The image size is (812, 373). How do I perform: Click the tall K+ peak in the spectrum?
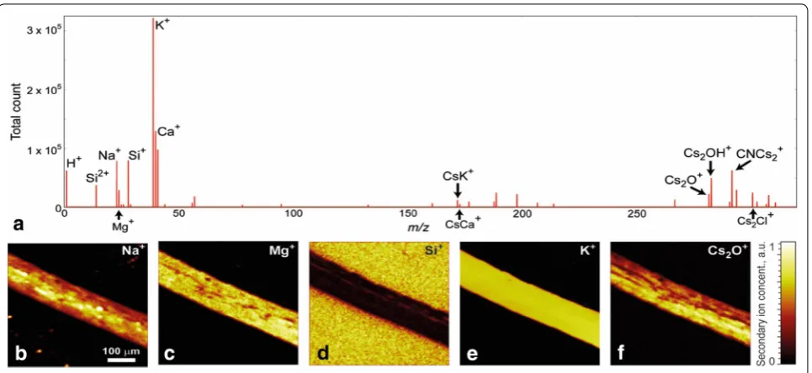click(x=153, y=113)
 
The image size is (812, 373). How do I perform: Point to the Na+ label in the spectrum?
click(x=109, y=155)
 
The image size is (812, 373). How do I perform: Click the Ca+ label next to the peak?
click(x=168, y=131)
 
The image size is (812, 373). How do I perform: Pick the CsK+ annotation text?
click(x=458, y=176)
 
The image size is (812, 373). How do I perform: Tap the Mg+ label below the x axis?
click(x=123, y=225)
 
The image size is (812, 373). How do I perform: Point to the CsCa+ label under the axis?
click(x=463, y=223)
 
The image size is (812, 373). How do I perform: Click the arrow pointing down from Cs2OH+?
click(x=711, y=169)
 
